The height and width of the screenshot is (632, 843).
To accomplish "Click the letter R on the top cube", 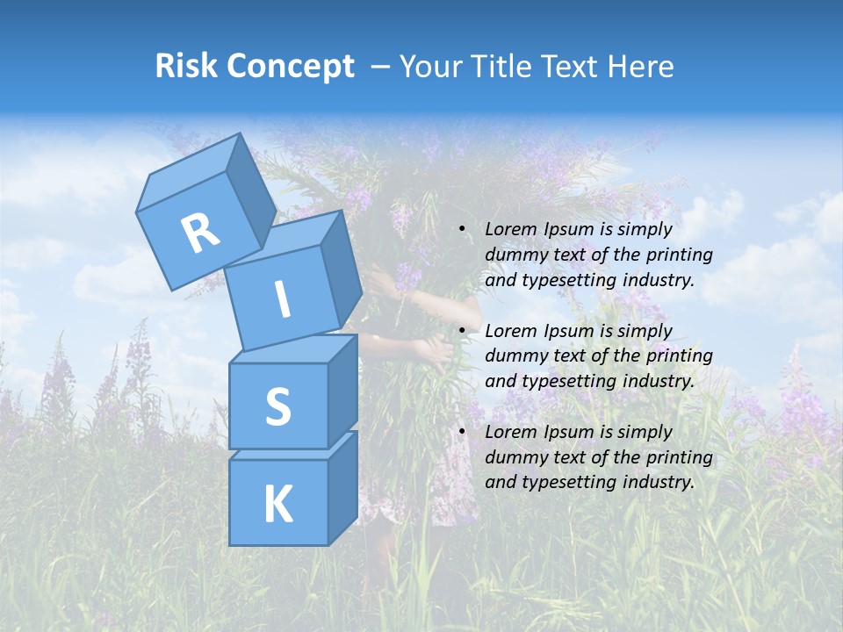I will click(200, 233).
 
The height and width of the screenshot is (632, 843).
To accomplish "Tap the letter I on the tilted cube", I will click(282, 299).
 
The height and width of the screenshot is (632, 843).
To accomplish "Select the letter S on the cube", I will click(277, 406).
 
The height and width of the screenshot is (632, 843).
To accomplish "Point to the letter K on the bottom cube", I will click(277, 505).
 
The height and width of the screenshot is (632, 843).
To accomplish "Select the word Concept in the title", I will click(289, 67).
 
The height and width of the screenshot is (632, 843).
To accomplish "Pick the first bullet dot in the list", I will click(462, 230).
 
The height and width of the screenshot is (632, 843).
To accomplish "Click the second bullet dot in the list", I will click(462, 331).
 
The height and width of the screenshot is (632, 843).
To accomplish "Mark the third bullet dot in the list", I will click(462, 432).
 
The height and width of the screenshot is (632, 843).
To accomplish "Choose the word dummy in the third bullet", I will click(513, 457).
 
